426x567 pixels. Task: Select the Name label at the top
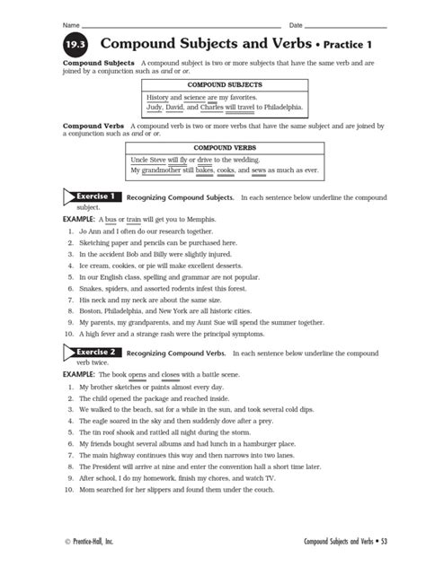point(69,21)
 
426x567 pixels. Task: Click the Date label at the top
point(296,21)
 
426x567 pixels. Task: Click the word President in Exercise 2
point(110,467)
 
